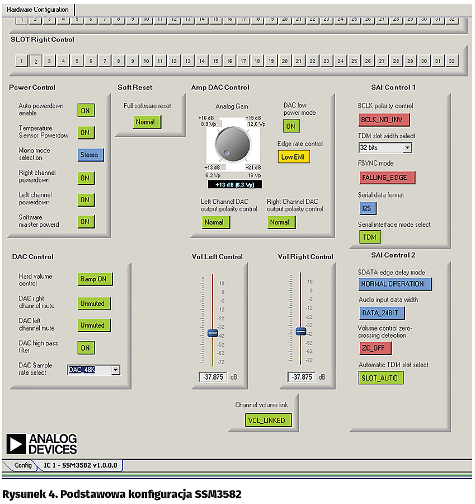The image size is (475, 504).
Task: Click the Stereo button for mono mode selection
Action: tap(91, 155)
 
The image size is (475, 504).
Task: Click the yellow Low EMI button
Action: tap(294, 157)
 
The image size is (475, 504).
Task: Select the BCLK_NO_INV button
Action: tap(384, 120)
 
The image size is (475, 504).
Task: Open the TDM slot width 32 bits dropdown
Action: tap(407, 148)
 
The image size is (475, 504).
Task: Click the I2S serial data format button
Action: tap(368, 208)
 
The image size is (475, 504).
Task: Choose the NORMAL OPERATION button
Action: tap(395, 284)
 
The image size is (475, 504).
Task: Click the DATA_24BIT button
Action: tap(382, 313)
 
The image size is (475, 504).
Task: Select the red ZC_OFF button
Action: tap(375, 348)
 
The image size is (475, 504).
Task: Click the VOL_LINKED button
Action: tap(269, 420)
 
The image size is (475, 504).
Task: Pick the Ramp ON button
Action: tap(95, 279)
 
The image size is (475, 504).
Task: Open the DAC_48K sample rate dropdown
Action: tap(115, 370)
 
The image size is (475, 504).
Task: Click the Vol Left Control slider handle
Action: tap(212, 333)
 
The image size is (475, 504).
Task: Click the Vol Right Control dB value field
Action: tap(302, 377)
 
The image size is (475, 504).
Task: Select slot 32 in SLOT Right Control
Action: tap(452, 60)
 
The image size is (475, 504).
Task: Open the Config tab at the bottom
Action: tap(23, 465)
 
